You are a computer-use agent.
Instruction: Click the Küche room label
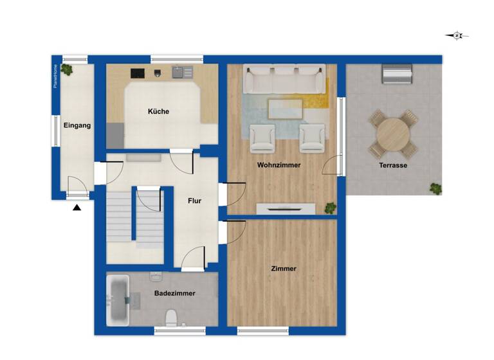[158, 112]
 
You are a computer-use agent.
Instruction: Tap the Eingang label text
[77, 125]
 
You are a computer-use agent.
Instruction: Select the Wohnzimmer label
[279, 165]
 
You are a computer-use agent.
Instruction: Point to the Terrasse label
[392, 165]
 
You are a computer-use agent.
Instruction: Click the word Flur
[194, 201]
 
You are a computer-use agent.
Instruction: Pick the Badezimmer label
[174, 293]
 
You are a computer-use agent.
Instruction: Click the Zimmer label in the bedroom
[284, 269]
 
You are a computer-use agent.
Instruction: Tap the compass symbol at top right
[457, 36]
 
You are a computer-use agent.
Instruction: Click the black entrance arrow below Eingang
[77, 208]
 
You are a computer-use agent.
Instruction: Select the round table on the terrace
[392, 134]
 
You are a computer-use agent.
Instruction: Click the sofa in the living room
[284, 80]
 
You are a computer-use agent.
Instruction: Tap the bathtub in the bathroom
[118, 299]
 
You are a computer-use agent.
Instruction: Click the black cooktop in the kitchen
[138, 73]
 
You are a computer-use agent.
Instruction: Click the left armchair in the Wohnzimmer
[262, 138]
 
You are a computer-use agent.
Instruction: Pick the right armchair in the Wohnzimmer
[312, 138]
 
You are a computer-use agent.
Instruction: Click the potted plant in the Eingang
[66, 70]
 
